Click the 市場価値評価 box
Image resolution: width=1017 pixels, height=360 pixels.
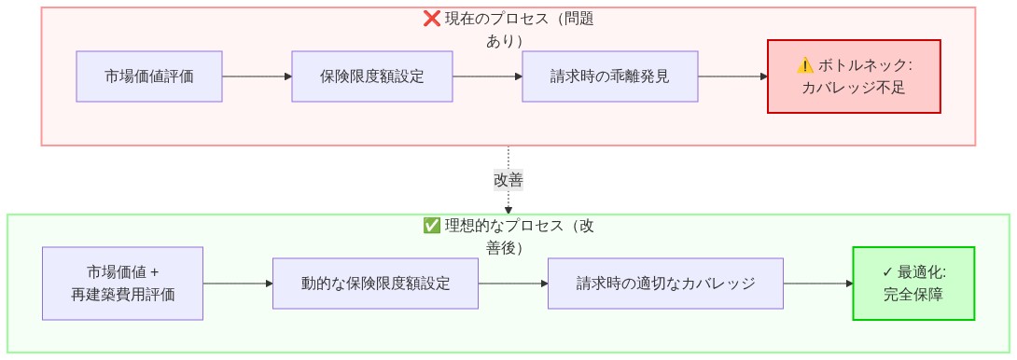click(149, 76)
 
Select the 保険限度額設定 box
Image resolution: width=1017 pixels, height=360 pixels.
click(372, 76)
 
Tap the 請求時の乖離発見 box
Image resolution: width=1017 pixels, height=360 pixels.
click(610, 76)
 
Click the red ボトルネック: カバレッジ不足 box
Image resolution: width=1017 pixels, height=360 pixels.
click(854, 76)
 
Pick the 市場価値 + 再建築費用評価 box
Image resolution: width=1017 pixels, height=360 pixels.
click(123, 284)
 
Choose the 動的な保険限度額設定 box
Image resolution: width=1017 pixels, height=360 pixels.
click(375, 284)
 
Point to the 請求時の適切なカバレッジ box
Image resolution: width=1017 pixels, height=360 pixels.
click(665, 284)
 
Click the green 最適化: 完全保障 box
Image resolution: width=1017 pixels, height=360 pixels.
click(913, 284)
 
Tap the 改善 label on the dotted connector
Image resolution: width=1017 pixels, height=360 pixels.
click(508, 179)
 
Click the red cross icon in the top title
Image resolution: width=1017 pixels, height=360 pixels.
click(432, 19)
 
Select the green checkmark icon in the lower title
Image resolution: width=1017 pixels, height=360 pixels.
click(432, 226)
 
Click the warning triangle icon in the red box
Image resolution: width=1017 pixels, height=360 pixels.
click(805, 65)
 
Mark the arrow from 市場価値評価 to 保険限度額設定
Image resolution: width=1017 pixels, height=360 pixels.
click(258, 76)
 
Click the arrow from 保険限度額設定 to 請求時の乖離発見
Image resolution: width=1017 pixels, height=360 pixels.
click(487, 76)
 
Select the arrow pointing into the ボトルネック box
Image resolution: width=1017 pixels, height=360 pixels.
click(733, 76)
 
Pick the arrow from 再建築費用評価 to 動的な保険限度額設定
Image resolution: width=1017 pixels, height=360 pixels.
click(238, 284)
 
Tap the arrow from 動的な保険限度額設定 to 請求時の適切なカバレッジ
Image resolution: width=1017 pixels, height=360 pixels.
click(513, 284)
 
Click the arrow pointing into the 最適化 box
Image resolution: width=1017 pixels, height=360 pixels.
click(818, 284)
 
